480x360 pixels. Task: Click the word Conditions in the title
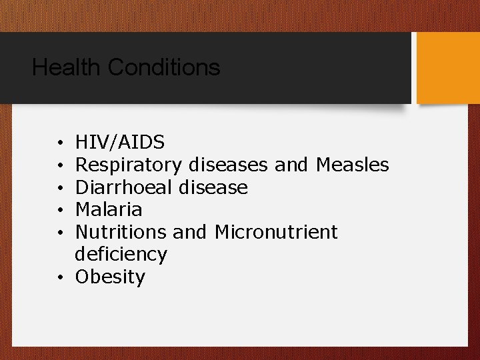coord(164,67)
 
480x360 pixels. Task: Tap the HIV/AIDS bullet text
coord(120,142)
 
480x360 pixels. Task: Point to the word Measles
coord(353,164)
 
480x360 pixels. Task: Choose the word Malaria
coord(109,209)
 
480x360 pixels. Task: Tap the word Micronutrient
coord(276,232)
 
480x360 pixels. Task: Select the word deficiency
coord(121,255)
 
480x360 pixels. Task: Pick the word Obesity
coord(110,277)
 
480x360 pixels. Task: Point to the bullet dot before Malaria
coord(60,211)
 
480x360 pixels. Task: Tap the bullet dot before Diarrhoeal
coord(60,188)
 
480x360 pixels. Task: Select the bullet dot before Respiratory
coord(60,165)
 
